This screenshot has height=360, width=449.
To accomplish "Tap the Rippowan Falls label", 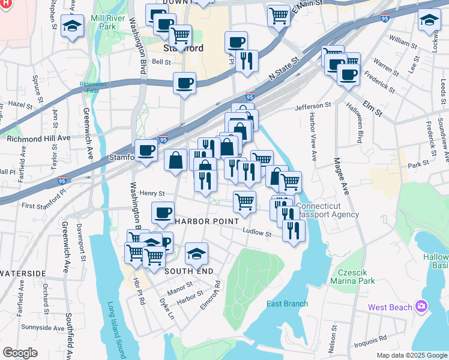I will coord(93,88).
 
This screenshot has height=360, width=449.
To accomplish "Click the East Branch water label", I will coord(287,304).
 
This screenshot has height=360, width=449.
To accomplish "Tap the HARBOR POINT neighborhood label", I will coord(203,221).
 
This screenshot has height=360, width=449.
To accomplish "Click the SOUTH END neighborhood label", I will coord(189,271).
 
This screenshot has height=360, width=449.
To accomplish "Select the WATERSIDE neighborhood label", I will coord(23,273).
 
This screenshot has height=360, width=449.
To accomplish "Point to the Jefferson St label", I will coord(313,106).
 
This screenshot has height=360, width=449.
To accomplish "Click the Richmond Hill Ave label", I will coord(39,137).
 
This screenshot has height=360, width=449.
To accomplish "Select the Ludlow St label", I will coord(258,232).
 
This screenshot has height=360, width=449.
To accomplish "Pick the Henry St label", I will coord(152,193).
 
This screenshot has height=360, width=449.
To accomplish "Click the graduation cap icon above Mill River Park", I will coord(73,26).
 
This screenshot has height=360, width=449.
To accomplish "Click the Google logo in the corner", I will coord(20,352).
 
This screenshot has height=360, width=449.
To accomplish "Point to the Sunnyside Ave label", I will coord(41,328).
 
